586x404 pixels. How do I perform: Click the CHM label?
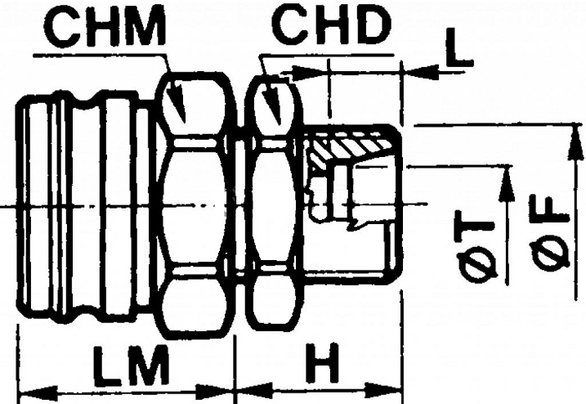pos(105,29)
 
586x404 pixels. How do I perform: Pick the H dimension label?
pos(322,363)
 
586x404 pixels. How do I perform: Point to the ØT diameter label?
pos(476,248)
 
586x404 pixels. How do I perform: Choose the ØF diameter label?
pos(550,232)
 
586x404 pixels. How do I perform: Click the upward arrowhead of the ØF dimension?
pos(575,144)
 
